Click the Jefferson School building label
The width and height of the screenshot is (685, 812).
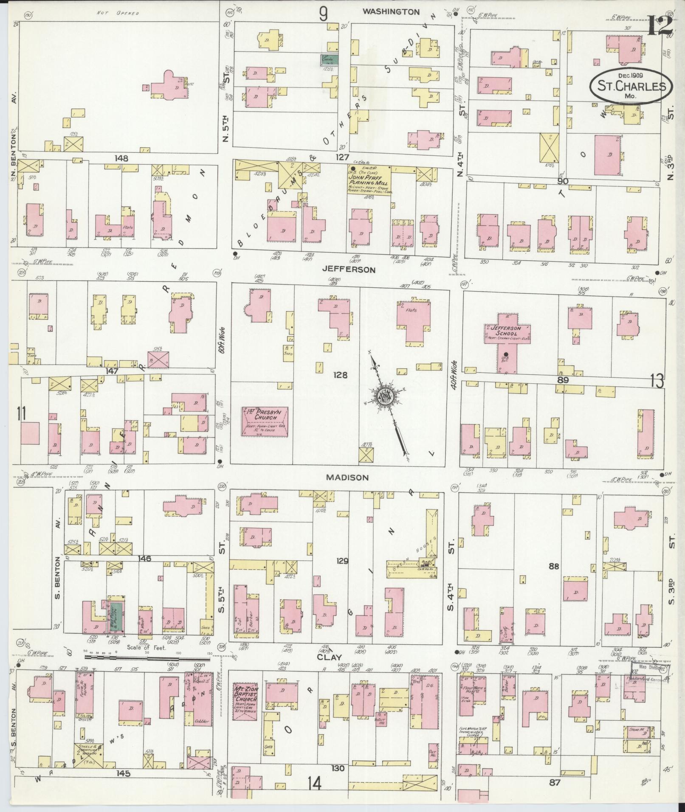click(x=506, y=333)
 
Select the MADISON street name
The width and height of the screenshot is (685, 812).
click(x=347, y=478)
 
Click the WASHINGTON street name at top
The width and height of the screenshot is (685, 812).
click(x=391, y=12)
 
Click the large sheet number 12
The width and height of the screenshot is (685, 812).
click(x=660, y=26)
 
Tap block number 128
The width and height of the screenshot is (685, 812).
click(x=340, y=375)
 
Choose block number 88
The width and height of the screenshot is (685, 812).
click(x=553, y=566)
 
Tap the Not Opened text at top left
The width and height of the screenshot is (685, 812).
click(x=118, y=13)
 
